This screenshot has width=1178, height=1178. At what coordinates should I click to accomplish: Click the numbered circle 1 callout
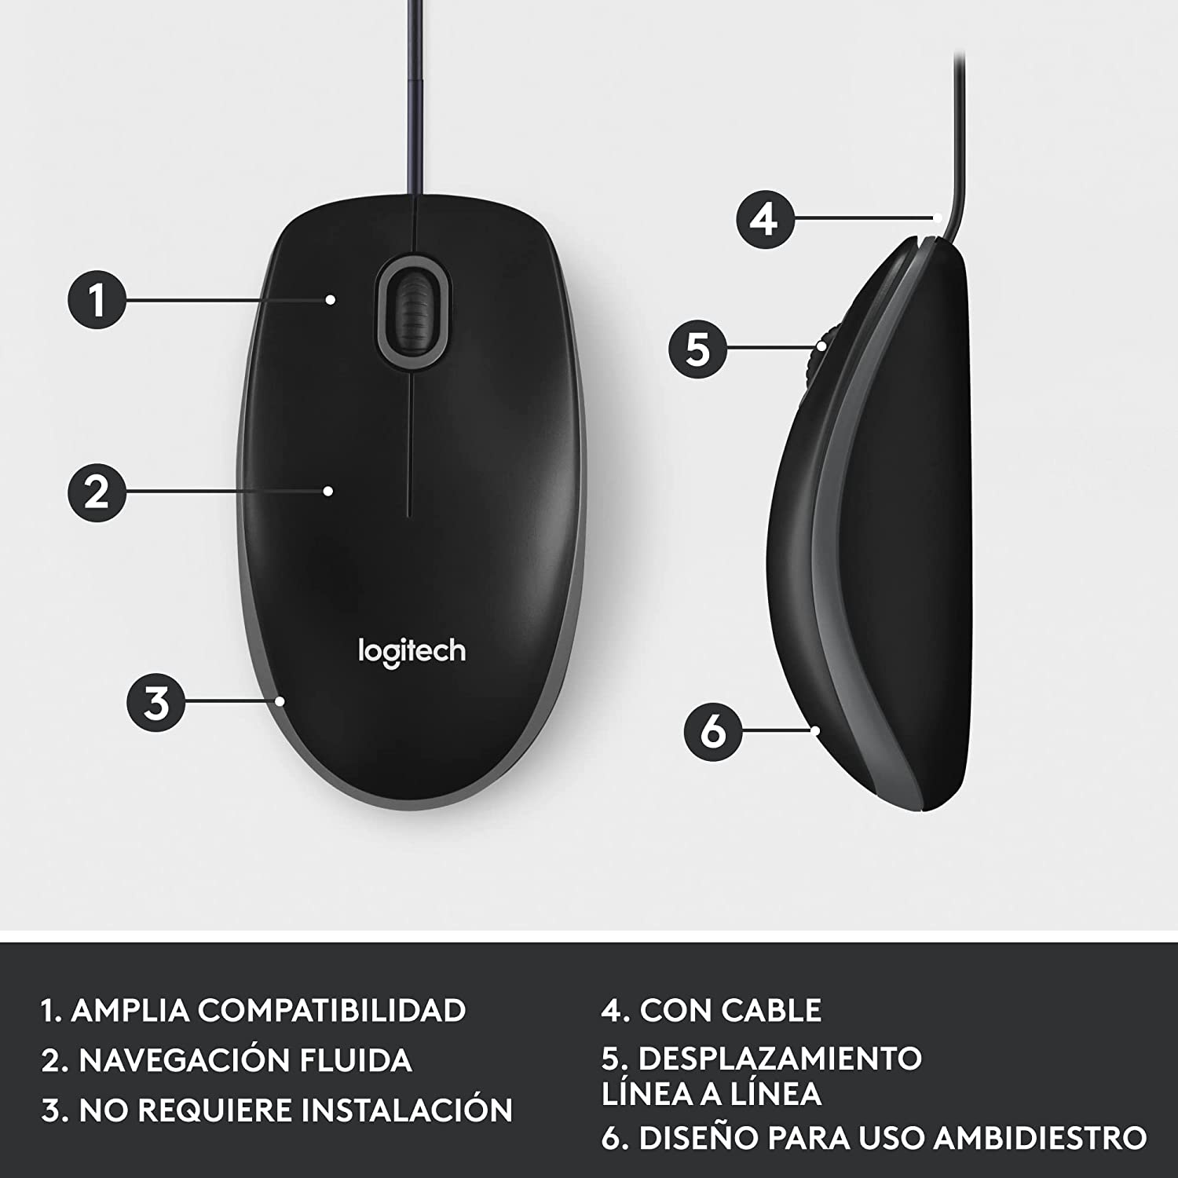(x=97, y=299)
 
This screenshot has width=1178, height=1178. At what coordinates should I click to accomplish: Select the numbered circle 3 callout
(x=157, y=702)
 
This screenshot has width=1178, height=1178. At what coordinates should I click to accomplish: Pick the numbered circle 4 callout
(x=765, y=219)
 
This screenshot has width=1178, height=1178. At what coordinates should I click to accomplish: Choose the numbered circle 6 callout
(x=713, y=731)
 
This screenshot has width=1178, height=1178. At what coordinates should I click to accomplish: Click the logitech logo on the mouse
(x=412, y=653)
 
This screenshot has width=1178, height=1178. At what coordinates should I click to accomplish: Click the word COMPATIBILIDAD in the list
(x=331, y=1010)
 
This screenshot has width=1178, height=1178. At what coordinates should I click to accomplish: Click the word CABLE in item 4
(x=771, y=1010)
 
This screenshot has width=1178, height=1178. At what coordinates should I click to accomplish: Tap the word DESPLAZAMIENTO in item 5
(x=780, y=1059)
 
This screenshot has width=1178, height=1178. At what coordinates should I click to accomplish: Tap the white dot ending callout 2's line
(x=328, y=492)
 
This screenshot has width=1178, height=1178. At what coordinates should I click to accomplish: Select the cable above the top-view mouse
(x=412, y=94)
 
